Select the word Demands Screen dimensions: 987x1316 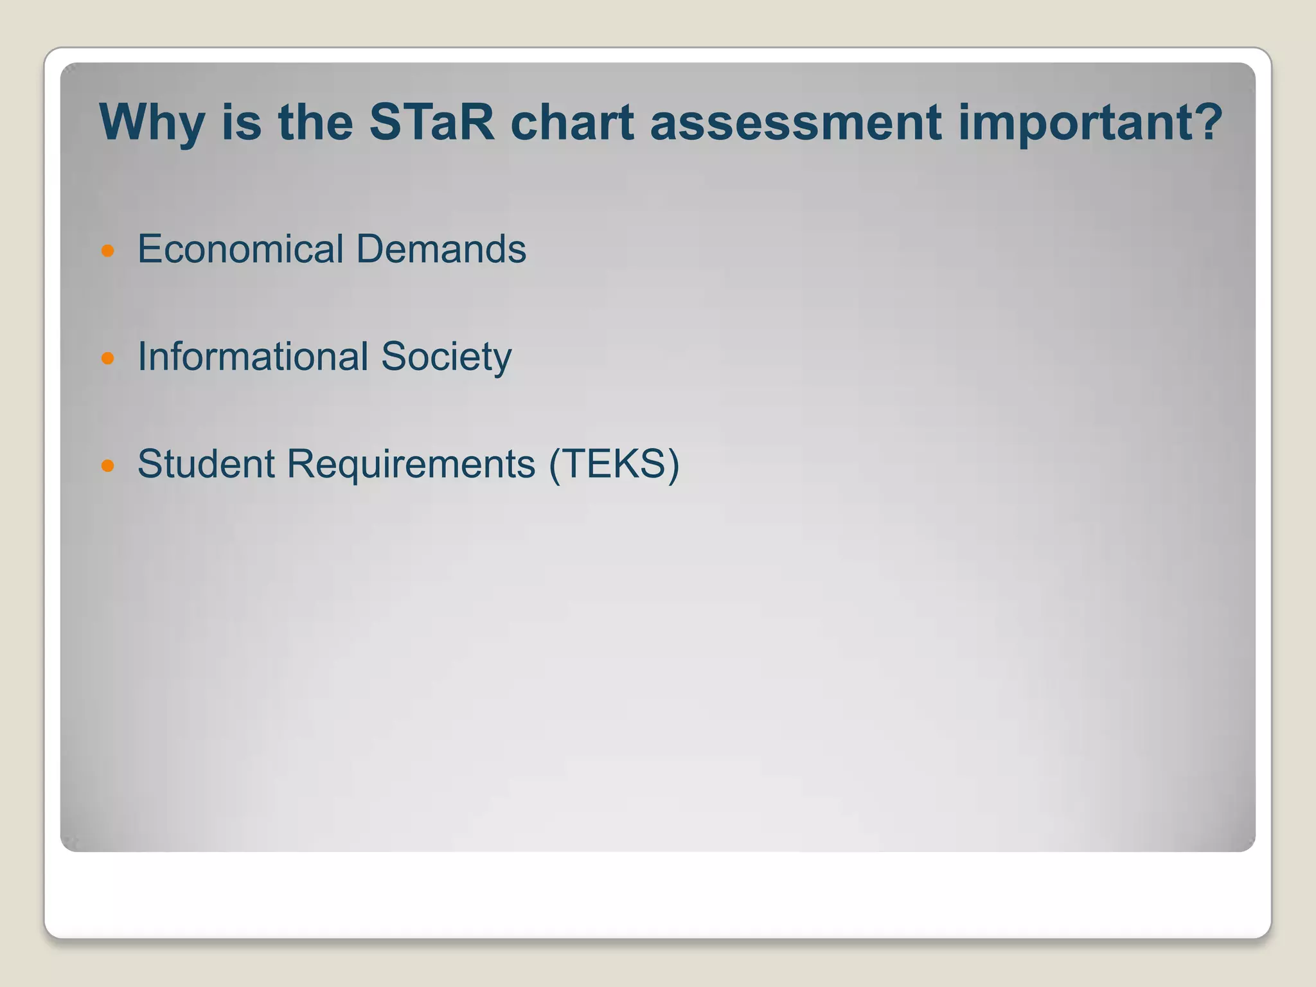point(441,249)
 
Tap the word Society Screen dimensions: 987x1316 point(446,358)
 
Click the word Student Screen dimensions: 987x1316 point(207,464)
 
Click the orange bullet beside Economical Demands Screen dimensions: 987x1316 point(108,251)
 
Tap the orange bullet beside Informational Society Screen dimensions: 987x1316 point(108,358)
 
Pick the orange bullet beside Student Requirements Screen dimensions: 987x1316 point(108,465)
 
